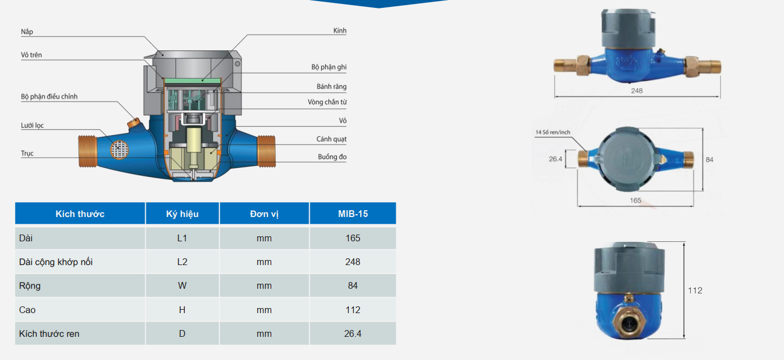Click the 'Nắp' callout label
[27, 32]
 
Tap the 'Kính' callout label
[340, 31]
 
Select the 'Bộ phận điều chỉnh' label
[49, 97]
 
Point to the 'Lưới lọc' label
[32, 125]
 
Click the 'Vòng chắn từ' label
[327, 102]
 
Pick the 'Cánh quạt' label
[331, 139]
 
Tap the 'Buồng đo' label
[332, 157]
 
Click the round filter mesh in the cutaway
[120, 150]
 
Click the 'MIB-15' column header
[353, 214]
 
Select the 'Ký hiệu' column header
[183, 214]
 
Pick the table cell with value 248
[353, 262]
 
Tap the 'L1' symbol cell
[183, 238]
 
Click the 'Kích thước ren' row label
[49, 334]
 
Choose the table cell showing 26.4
[353, 333]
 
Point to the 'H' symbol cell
[183, 310]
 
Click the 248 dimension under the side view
[636, 90]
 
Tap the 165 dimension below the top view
[635, 201]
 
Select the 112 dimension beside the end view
[695, 290]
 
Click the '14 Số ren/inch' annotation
[553, 132]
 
